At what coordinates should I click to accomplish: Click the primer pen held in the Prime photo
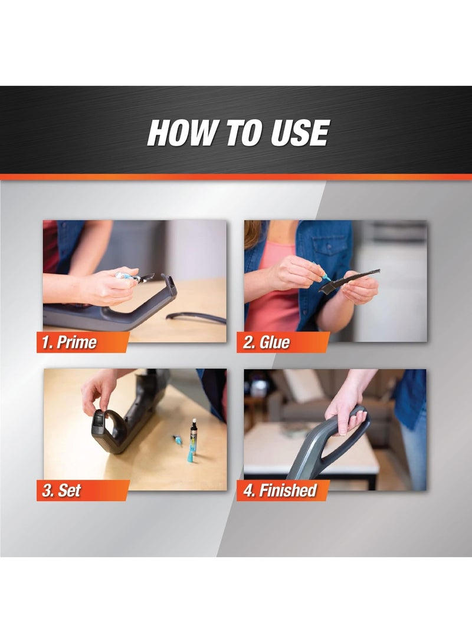coord(133,276)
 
